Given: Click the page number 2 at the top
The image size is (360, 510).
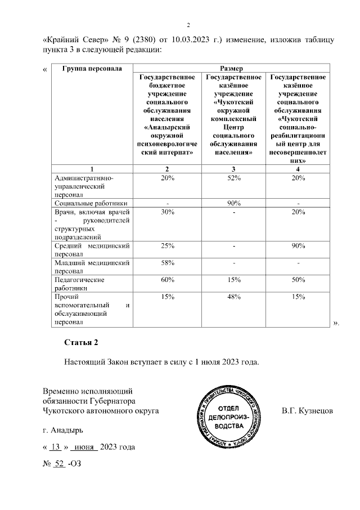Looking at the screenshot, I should pyautogui.click(x=189, y=25).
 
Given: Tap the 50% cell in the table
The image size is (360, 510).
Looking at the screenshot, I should pyautogui.click(x=298, y=280).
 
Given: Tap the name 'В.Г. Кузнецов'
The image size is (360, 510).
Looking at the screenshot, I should pyautogui.click(x=307, y=411).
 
